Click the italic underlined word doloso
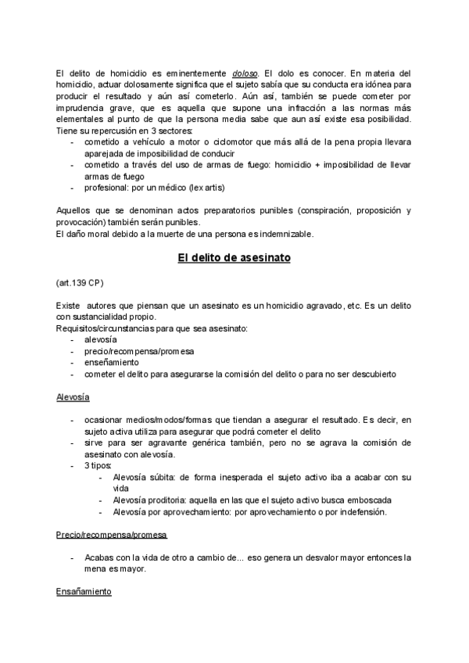point(230,72)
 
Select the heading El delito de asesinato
point(234,259)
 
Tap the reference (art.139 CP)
point(79,281)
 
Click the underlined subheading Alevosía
point(73,397)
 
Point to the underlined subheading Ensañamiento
point(84,592)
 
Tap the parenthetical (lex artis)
point(203,188)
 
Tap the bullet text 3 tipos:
point(98,466)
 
